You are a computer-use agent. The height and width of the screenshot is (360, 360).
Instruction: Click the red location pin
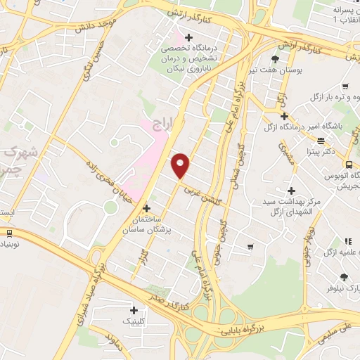pos(181,165)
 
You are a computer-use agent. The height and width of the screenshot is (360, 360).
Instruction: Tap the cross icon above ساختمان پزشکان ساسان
pos(146,208)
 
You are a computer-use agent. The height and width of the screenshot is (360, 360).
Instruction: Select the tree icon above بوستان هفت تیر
pos(274,59)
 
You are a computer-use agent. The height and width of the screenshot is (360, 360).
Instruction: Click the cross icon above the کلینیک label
pos(134,309)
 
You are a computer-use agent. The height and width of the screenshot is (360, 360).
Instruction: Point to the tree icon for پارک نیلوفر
pos(343,277)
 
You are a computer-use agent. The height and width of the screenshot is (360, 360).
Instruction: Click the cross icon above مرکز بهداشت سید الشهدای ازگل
pos(291,191)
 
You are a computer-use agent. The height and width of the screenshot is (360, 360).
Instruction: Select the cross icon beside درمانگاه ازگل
pos(283,115)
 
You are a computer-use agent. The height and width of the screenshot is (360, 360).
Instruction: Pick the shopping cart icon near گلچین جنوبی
pos(251,246)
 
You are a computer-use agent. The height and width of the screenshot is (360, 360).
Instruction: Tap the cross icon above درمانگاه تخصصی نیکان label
pos(187,37)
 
